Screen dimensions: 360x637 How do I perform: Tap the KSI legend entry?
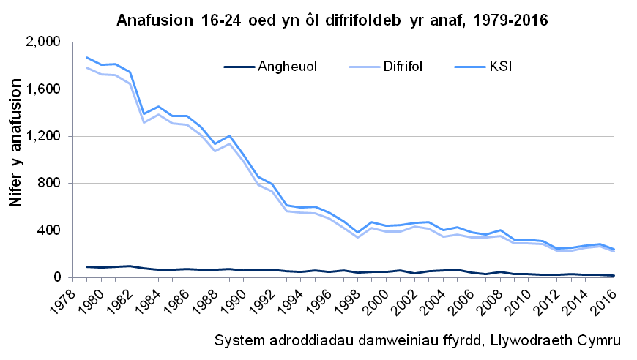point(501,67)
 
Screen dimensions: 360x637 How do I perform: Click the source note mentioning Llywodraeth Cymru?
point(418,342)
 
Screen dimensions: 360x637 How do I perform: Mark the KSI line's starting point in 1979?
point(87,57)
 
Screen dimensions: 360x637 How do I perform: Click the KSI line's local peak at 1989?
point(228,135)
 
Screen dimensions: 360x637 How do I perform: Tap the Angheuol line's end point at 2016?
point(614,276)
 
